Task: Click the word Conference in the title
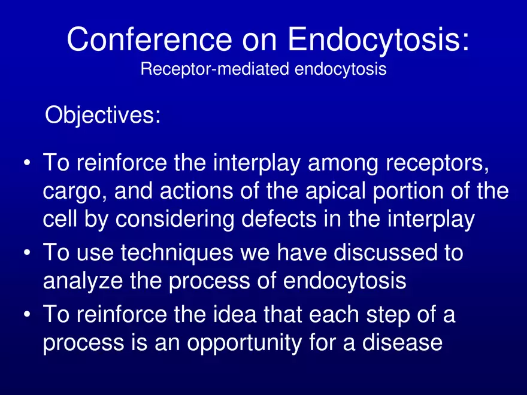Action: point(150,39)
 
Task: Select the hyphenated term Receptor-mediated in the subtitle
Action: point(214,69)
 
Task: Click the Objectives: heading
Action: point(103,115)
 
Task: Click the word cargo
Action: point(75,192)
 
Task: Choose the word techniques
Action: point(177,253)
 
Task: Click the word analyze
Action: point(83,281)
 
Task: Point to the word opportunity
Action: point(244,344)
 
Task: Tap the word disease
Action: point(402,342)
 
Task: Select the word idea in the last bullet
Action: point(232,314)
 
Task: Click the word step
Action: point(388,315)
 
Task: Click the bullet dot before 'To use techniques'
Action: point(27,252)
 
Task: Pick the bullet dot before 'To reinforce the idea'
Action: point(27,314)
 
